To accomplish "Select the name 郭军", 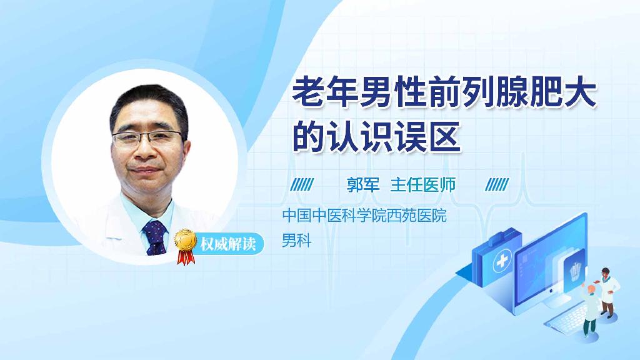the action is pos(363,185).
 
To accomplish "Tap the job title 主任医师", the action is pos(423,185).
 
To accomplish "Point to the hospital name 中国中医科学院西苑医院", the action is pos(364,215).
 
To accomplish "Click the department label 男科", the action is pos(297,241).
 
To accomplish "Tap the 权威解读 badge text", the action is pos(227,244).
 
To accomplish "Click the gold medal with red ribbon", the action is pos(185,246).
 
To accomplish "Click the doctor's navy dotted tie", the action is pos(155,237).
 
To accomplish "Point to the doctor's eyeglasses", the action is pos(147,138).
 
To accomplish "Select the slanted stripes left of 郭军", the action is pos(302,185).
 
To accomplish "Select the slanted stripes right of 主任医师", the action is pos(497,185).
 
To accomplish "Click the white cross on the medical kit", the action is pos(502,261).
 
